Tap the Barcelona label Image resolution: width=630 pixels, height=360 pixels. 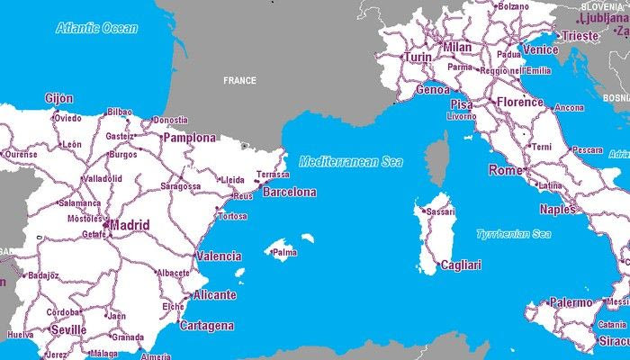pyautogui.click(x=288, y=193)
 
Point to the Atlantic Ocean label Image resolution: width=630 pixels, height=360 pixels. pyautogui.click(x=97, y=28)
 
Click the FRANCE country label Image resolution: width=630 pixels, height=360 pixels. pyautogui.click(x=240, y=81)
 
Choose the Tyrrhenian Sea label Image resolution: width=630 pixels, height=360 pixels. pyautogui.click(x=513, y=234)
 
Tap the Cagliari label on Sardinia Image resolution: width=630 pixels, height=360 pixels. pyautogui.click(x=461, y=265)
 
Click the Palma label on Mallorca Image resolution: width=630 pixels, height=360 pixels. pyautogui.click(x=284, y=253)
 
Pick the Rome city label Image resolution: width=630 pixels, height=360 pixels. pyautogui.click(x=506, y=170)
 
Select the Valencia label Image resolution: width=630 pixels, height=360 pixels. pyautogui.click(x=219, y=256)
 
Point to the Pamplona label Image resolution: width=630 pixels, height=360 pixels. pyautogui.click(x=189, y=139)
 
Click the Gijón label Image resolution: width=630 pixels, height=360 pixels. pyautogui.click(x=58, y=98)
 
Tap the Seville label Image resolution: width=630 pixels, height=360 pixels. pyautogui.click(x=68, y=330)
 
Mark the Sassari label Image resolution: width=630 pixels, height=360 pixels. pyautogui.click(x=441, y=211)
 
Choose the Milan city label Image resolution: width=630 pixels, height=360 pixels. pyautogui.click(x=457, y=47)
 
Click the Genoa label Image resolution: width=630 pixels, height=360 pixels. pyautogui.click(x=432, y=90)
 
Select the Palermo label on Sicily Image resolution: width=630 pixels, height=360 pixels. pyautogui.click(x=571, y=302)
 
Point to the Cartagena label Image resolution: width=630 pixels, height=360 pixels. pyautogui.click(x=207, y=326)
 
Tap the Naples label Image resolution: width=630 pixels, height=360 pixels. pyautogui.click(x=557, y=210)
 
